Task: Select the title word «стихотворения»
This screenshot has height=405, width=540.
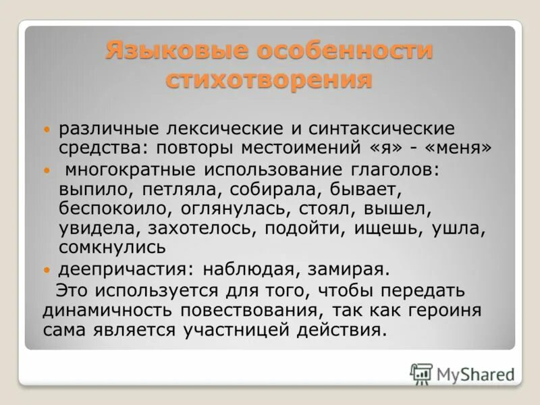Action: [269, 80]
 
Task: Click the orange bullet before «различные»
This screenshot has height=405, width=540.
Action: [46, 128]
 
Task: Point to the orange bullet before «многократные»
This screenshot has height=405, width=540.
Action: [46, 171]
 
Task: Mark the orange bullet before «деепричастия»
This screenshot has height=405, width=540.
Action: [46, 270]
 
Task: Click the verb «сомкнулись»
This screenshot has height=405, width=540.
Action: [112, 248]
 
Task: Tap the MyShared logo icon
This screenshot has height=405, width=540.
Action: [421, 373]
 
